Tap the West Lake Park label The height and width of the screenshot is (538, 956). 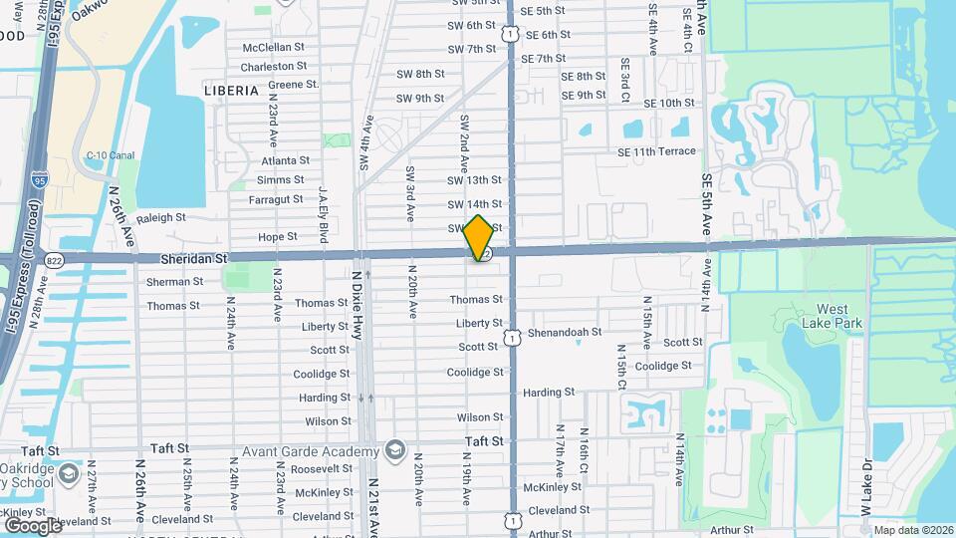[832, 316]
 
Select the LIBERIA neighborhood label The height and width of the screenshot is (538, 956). [231, 90]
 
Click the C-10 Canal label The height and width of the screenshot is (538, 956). [111, 155]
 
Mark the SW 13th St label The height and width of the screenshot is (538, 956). [474, 180]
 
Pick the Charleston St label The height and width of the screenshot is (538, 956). [274, 67]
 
